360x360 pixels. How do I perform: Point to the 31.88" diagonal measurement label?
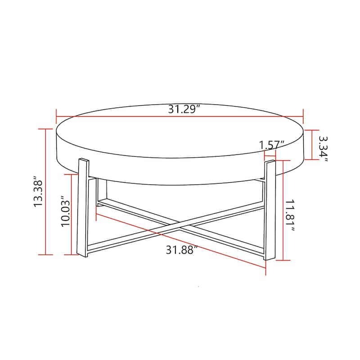182,250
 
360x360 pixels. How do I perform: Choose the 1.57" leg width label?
272,145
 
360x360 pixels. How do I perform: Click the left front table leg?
82,207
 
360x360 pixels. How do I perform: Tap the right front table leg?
270,209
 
